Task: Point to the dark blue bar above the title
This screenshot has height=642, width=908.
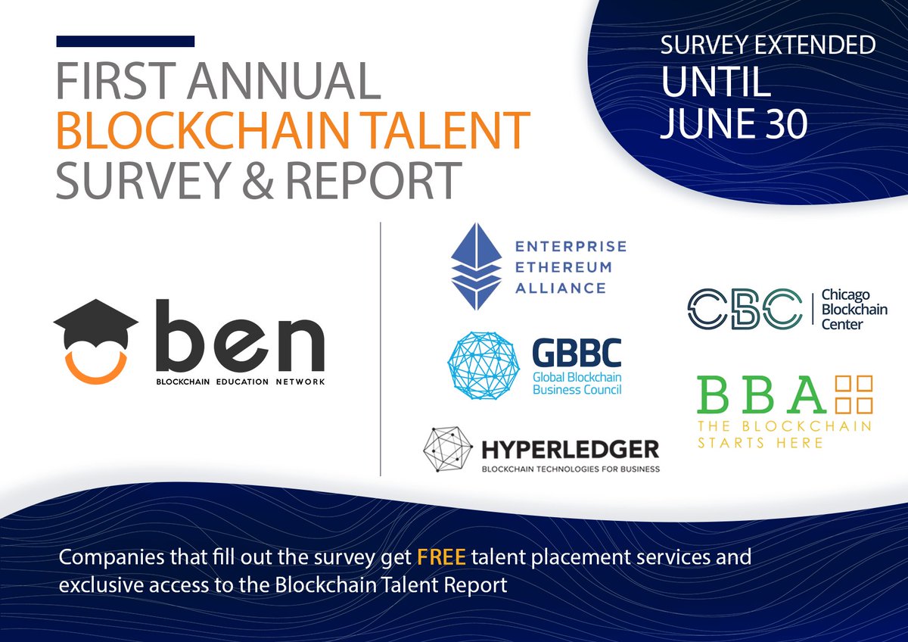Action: tap(126, 42)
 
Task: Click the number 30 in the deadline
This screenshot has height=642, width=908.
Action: tap(782, 123)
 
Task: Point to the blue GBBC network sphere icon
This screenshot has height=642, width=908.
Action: tap(484, 365)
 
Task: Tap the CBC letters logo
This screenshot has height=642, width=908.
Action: tap(744, 308)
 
